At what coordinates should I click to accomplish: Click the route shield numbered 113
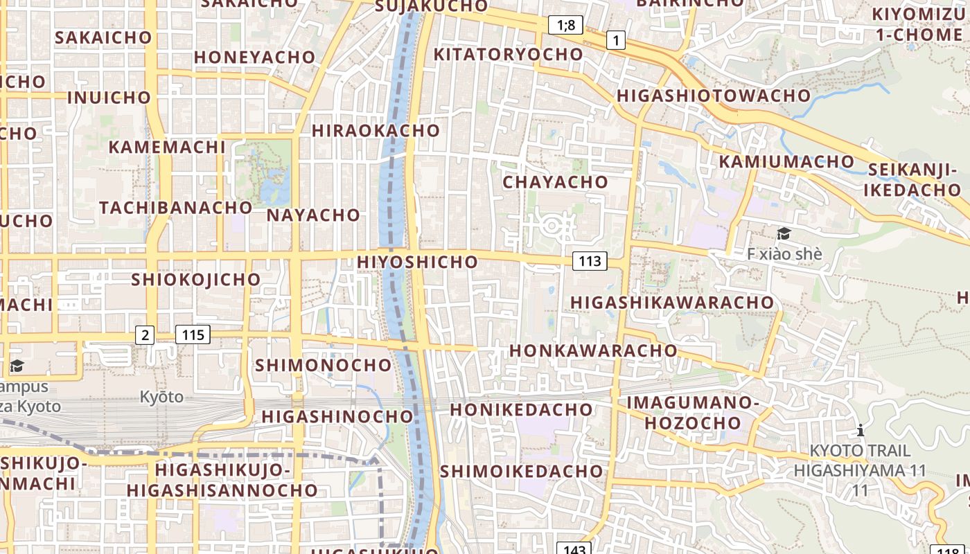(590, 261)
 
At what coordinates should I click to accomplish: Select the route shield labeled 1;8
(565, 26)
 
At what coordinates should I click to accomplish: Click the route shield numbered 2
(144, 335)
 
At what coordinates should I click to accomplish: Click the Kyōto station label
(161, 397)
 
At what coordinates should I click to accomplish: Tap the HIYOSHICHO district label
(417, 262)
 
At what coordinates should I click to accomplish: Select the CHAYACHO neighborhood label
(555, 182)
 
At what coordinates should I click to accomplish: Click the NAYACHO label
(313, 215)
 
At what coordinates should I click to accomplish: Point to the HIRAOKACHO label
(376, 130)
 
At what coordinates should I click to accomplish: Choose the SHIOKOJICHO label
(196, 279)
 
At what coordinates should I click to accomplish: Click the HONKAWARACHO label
(593, 350)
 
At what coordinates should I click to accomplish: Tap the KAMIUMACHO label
(786, 161)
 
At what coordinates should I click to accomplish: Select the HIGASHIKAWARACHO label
(671, 302)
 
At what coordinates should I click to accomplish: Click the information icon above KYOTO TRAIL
(861, 430)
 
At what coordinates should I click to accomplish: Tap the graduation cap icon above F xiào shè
(784, 233)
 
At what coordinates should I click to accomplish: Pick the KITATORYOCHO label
(508, 54)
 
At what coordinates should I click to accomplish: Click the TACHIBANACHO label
(176, 207)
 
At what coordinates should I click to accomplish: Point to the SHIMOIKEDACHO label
(521, 471)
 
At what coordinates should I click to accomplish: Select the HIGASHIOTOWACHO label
(713, 96)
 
